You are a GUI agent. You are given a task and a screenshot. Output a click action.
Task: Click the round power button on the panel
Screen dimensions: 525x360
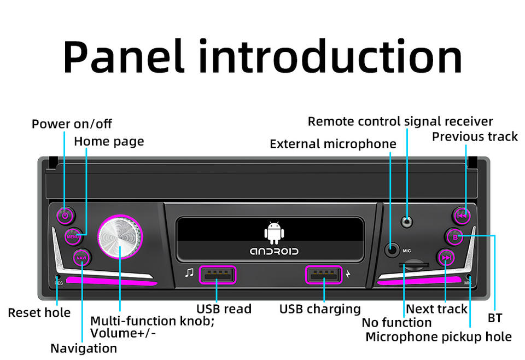(65, 215)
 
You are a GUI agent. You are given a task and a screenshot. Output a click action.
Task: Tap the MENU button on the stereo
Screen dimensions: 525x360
(73, 236)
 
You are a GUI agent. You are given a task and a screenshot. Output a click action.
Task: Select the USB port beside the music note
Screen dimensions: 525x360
(217, 275)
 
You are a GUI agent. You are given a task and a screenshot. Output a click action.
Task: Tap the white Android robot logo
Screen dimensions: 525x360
(274, 233)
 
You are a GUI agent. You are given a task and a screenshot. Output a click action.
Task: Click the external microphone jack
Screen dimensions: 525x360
(392, 250)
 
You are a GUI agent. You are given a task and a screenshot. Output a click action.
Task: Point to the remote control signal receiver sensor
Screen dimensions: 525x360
(406, 222)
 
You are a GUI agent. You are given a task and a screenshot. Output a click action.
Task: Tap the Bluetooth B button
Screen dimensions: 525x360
(454, 237)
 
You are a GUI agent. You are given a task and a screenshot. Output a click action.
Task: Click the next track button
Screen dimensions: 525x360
(446, 258)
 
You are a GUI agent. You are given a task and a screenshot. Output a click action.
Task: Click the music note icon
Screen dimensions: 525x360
(189, 273)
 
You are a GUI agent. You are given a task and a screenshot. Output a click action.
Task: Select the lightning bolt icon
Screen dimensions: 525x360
(348, 274)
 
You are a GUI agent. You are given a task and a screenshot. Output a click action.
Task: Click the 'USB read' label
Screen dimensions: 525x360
(224, 309)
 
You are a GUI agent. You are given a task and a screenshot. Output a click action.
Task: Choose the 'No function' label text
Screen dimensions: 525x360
(396, 323)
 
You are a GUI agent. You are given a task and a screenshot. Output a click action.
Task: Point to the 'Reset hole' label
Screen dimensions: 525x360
(39, 312)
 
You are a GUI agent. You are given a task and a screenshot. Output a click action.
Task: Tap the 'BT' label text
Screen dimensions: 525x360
(494, 318)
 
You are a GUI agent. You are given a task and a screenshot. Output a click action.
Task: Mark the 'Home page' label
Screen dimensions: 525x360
(109, 141)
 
